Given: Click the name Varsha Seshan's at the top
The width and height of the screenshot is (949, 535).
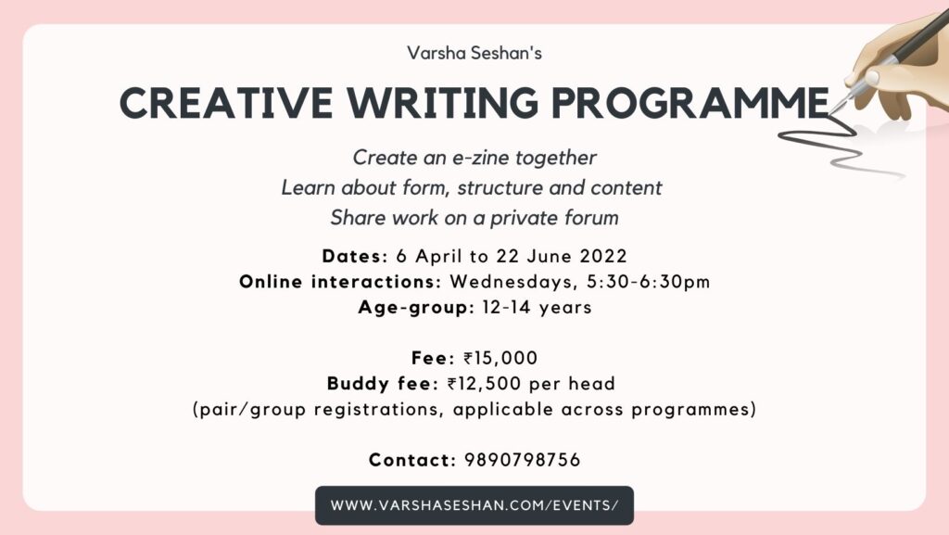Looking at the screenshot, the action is (474, 53).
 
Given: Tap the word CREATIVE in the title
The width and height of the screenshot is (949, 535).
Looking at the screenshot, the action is (226, 102).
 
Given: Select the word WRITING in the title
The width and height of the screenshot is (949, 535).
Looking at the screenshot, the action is (442, 102).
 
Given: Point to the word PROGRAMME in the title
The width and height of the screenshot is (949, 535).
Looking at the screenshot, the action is (690, 102).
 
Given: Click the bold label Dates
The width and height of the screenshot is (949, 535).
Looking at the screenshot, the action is (351, 256).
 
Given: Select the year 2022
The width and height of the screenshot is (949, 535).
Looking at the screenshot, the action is (603, 256).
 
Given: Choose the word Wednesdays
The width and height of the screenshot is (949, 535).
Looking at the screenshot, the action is (513, 282).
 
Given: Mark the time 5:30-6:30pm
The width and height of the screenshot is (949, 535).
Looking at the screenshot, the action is (648, 282).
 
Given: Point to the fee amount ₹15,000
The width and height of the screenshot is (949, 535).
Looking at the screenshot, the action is (500, 358).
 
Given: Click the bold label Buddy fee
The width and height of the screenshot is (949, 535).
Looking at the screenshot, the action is (379, 384).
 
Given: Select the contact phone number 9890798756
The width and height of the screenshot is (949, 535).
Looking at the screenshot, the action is (523, 460).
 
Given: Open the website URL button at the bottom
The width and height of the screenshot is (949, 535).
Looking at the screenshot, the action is (474, 505).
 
